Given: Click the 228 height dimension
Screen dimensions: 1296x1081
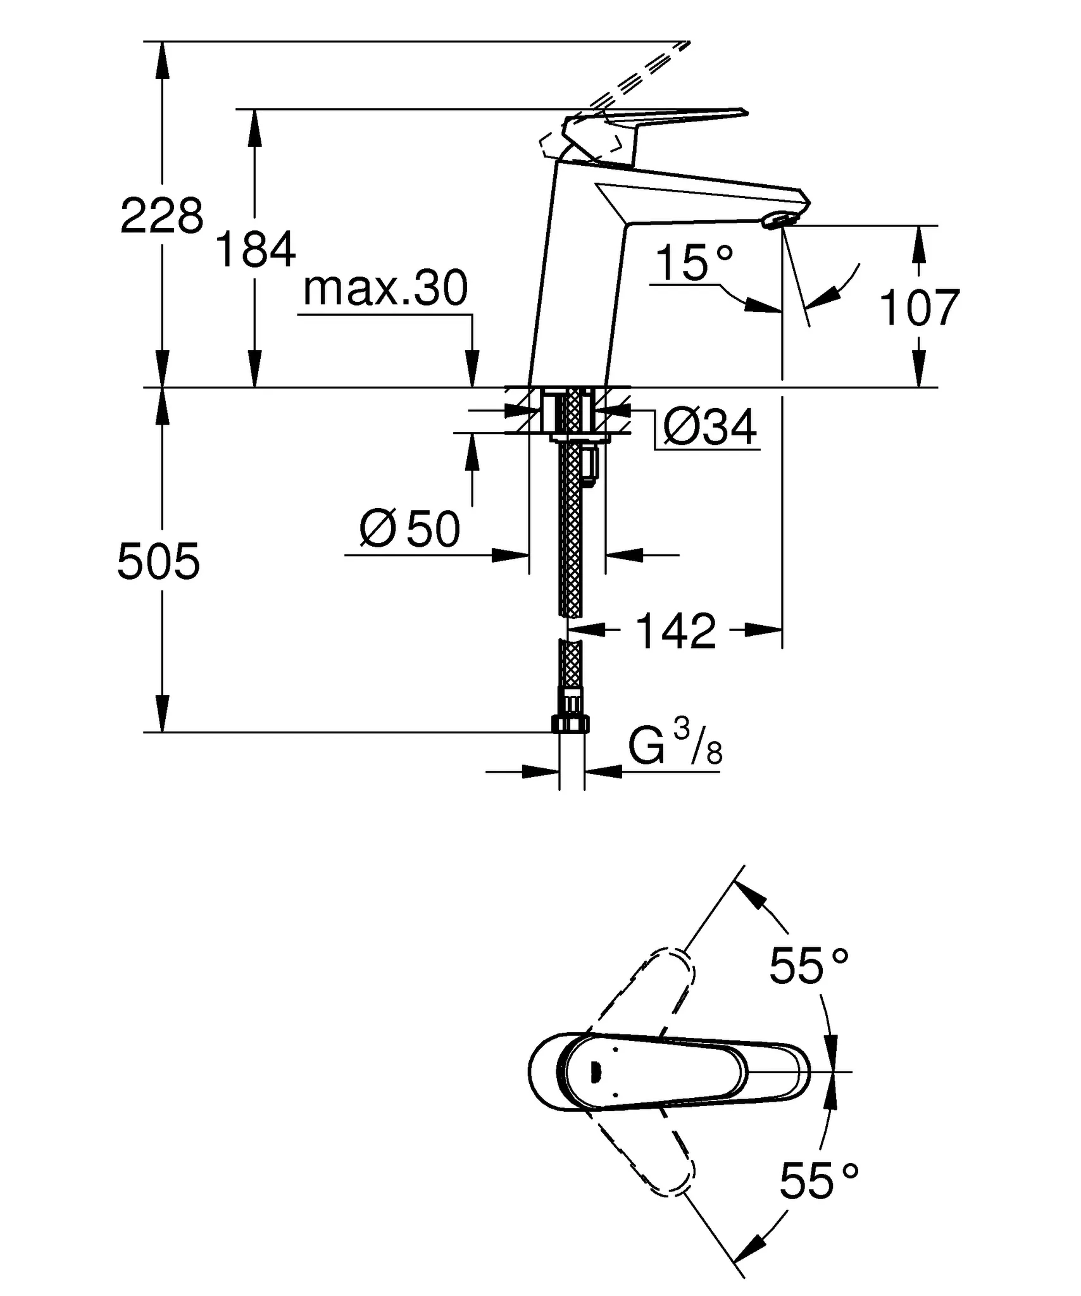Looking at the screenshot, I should [162, 216].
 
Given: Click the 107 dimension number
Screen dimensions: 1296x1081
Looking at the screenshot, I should [919, 308].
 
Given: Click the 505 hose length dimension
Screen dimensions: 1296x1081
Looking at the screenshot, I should [158, 561].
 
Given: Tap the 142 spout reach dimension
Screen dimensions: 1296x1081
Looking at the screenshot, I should [675, 631].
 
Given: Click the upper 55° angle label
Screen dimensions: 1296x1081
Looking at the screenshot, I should [808, 966].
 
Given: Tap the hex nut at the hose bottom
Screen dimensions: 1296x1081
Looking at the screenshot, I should [571, 724].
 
